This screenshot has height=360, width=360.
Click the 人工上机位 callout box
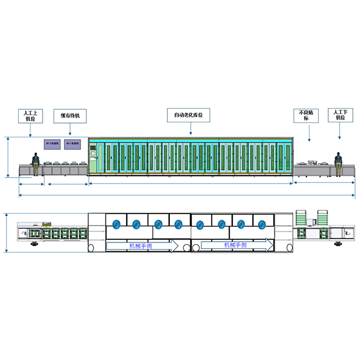30,115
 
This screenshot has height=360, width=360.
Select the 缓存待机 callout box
70,115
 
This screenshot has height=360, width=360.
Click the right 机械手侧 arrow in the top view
235,245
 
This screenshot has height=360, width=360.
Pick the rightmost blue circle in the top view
262,224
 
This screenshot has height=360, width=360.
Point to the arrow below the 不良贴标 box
309,133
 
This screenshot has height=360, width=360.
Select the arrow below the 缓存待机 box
70,128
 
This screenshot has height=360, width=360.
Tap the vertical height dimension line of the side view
7,157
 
